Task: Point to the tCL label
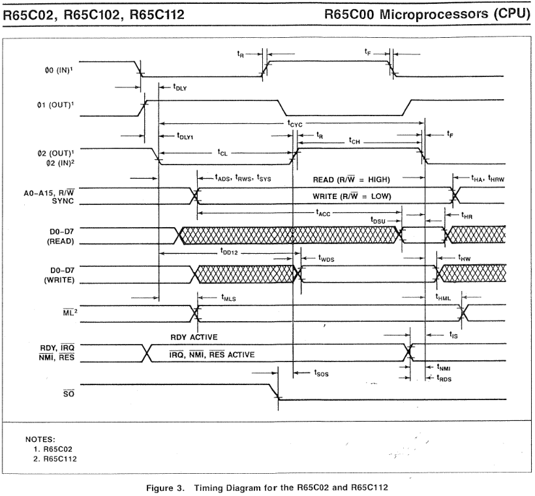tap(222, 152)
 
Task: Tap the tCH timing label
tap(354, 140)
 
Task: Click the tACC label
tap(323, 213)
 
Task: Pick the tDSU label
tap(378, 221)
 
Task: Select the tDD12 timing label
tap(228, 252)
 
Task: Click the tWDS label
tap(326, 259)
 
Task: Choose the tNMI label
tap(444, 367)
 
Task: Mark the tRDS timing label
tap(444, 378)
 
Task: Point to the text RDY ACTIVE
tap(194, 337)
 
